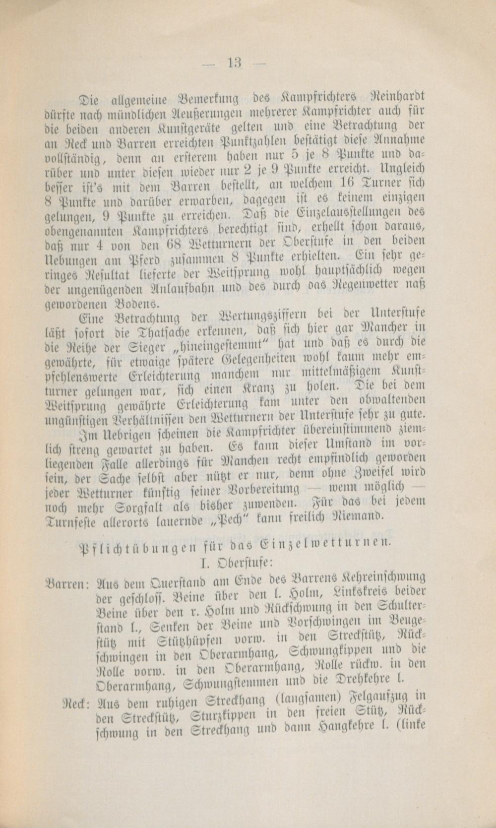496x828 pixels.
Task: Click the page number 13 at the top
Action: [x=234, y=63]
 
